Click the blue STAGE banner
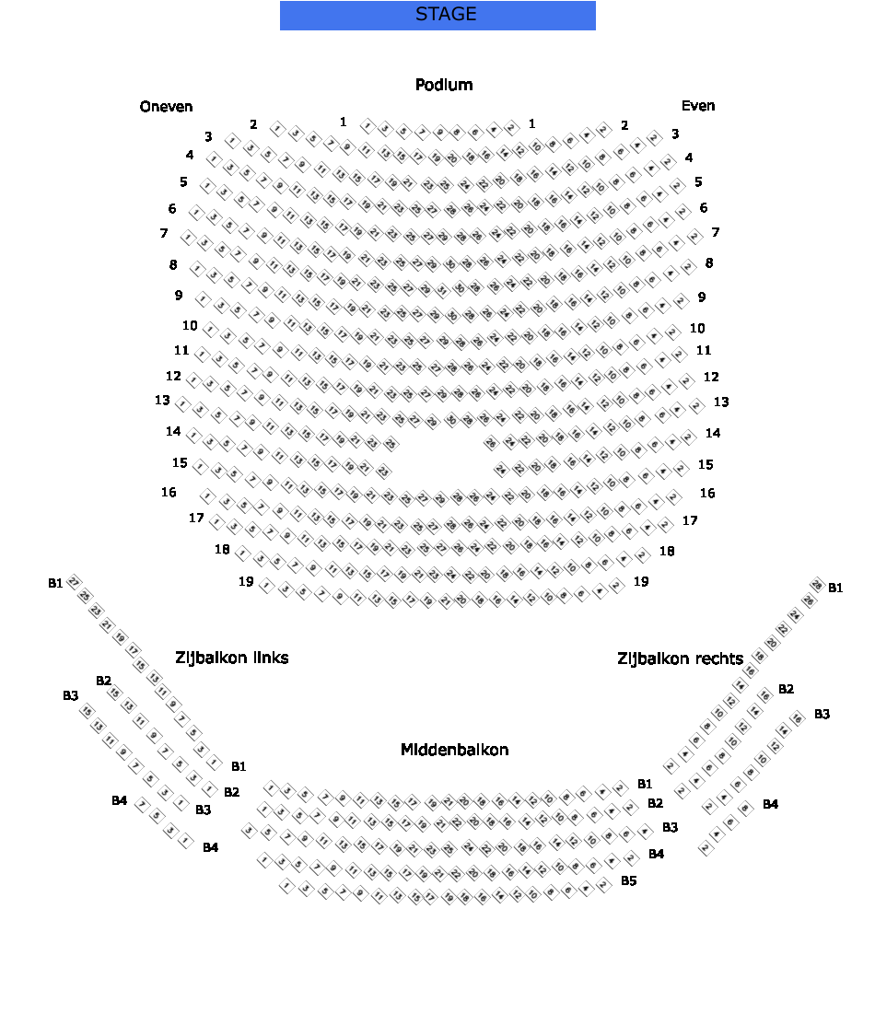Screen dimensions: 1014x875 coord(437,16)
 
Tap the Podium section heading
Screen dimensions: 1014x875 coord(444,86)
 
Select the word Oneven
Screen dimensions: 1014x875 coord(167,107)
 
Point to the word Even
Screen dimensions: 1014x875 coord(698,106)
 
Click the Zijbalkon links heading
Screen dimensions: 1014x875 coord(232,658)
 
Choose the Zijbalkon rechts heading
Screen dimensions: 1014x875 coord(680,659)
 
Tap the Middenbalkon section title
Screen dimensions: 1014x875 coord(454,750)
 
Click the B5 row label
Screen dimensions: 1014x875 coord(628,881)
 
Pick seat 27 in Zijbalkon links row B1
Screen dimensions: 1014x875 coord(74,582)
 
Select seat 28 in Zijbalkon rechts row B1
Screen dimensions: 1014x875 coord(816,585)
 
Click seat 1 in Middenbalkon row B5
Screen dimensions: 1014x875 coord(286,886)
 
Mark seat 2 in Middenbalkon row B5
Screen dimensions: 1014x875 coord(604,886)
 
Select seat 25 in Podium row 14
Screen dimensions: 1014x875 coord(391,445)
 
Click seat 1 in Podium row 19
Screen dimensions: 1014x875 coord(266,586)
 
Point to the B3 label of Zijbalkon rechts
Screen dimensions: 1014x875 coord(822,714)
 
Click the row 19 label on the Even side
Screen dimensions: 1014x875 coord(641,581)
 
